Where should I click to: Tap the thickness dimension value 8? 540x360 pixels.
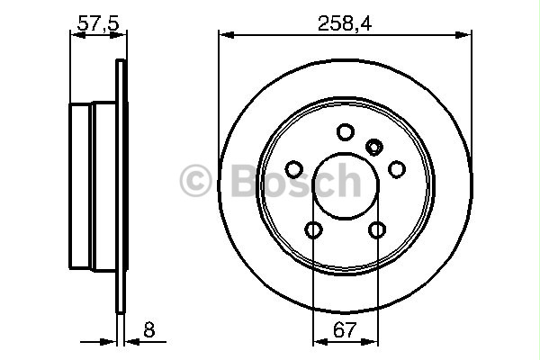pos(148,330)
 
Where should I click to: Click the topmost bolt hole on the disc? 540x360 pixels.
pos(345,132)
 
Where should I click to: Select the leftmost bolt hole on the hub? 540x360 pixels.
pos(293,168)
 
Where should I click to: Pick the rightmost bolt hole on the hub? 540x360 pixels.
pos(396,168)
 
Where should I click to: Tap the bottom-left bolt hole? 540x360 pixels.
pos(313,230)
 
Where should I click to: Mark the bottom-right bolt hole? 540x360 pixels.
pos(377,230)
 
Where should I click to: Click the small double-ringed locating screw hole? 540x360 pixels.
pos(374,145)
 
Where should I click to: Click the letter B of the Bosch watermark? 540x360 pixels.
pos(235,180)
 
